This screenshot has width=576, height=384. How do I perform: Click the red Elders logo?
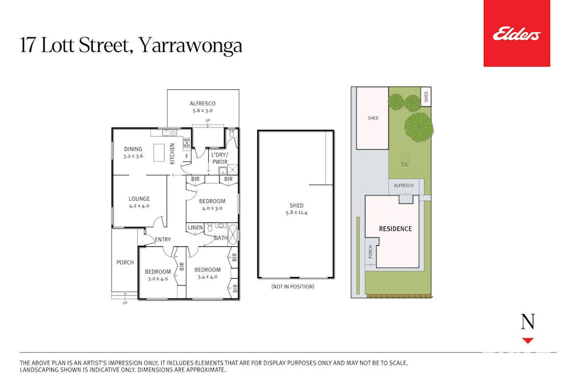pos(516,34)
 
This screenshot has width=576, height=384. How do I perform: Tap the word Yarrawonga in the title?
pos(191,46)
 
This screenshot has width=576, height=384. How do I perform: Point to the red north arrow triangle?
pos(528,341)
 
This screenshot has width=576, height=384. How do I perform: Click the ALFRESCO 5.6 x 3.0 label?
pos(203,107)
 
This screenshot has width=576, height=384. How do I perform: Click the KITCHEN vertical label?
pos(172,154)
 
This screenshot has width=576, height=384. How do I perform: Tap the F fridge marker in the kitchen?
pos(187,157)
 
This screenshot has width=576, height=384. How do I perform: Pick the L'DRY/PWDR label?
pos(220,158)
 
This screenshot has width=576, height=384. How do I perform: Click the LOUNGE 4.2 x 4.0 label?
pos(139,203)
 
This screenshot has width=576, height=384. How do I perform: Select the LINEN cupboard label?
pos(195,228)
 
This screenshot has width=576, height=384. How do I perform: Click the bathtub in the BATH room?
pos(233,233)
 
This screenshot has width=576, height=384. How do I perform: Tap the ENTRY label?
pos(163,240)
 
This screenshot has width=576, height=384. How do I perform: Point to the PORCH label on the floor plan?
pos(125,262)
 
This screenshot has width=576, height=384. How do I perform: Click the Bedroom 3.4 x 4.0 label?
pos(208,273)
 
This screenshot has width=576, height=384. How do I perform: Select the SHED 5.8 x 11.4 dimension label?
pos(297,209)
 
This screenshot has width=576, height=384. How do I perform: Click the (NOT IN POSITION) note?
pos(293,286)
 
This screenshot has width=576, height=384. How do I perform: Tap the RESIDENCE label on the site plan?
pos(395,229)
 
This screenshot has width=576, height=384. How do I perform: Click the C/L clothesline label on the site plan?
pos(405,164)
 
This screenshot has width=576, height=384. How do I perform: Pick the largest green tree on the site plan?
pos(418,127)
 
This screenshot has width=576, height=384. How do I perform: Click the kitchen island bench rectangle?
pos(159,152)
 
